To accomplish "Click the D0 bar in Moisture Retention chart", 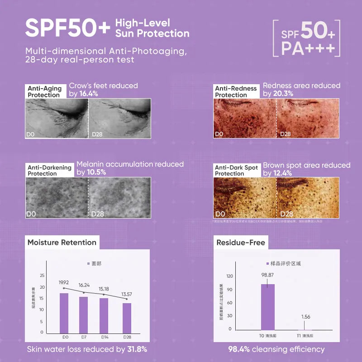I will click(64, 313).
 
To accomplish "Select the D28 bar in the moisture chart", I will click(127, 318).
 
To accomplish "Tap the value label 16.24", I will click(85, 286).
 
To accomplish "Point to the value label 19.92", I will click(64, 282).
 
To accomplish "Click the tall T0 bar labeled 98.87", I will click(268, 307).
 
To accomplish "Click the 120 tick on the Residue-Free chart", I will click(229, 276).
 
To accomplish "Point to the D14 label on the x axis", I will click(105, 337).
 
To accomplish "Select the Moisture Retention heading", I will click(62, 243).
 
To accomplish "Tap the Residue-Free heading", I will click(240, 243).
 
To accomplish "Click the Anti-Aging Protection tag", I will click(44, 92).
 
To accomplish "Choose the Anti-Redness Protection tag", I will click(236, 92).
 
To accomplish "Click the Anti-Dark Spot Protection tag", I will click(236, 171).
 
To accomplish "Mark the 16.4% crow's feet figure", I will click(89, 94).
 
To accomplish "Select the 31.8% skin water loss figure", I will click(136, 349).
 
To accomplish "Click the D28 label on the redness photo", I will click(286, 134).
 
